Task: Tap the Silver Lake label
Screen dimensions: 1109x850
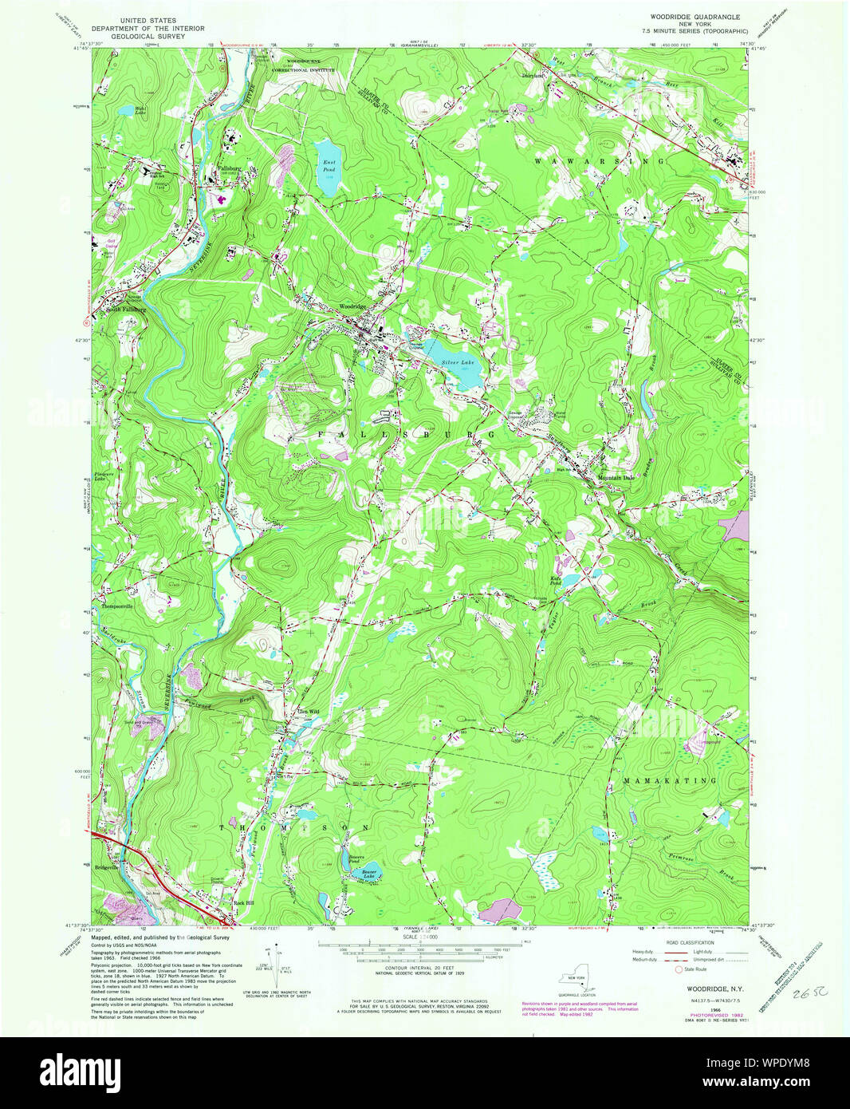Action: [457, 362]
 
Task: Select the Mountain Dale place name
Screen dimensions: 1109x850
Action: [616, 478]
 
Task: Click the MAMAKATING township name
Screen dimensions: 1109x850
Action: [670, 779]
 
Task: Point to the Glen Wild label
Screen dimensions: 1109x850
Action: [307, 711]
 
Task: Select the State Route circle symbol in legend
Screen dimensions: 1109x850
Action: [679, 969]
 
